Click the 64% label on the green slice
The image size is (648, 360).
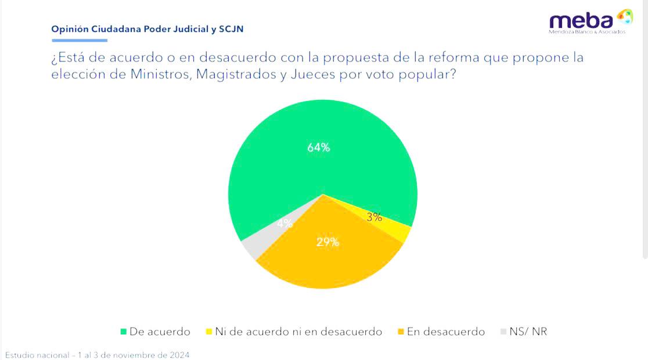pyautogui.click(x=318, y=147)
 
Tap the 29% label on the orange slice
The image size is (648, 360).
pyautogui.click(x=327, y=242)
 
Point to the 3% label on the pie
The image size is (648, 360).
pyautogui.click(x=375, y=217)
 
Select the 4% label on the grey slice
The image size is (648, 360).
pyautogui.click(x=285, y=224)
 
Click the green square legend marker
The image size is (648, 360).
pyautogui.click(x=123, y=332)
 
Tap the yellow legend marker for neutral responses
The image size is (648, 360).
pyautogui.click(x=208, y=332)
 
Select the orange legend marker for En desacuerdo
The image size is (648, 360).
pyautogui.click(x=401, y=332)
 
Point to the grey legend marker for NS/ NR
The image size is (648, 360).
pyautogui.click(x=503, y=332)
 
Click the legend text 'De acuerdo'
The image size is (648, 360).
pyautogui.click(x=160, y=332)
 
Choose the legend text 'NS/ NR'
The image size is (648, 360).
pyautogui.click(x=528, y=332)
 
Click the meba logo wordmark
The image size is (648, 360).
pyautogui.click(x=581, y=21)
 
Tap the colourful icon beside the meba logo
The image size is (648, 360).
pyautogui.click(x=625, y=16)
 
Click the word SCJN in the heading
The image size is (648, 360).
pyautogui.click(x=231, y=29)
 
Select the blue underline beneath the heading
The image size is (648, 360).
pyautogui.click(x=80, y=41)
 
